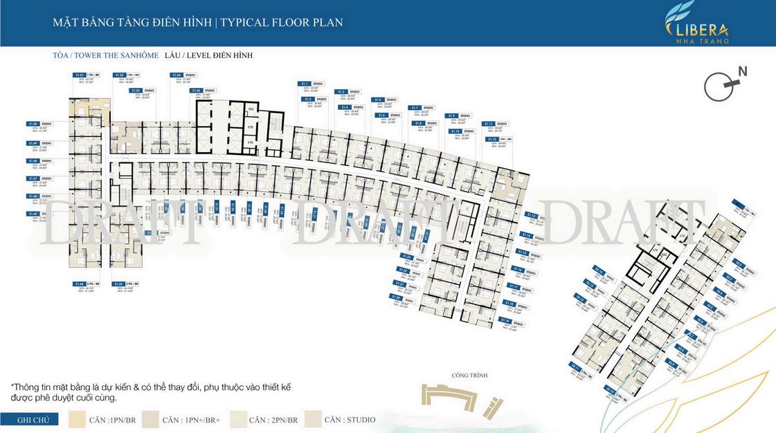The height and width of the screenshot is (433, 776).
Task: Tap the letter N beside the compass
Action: point(742,71)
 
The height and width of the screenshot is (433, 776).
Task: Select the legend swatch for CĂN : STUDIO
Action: point(312,420)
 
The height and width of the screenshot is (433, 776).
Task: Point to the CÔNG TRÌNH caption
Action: point(469,376)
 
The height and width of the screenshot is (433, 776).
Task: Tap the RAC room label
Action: point(252,109)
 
